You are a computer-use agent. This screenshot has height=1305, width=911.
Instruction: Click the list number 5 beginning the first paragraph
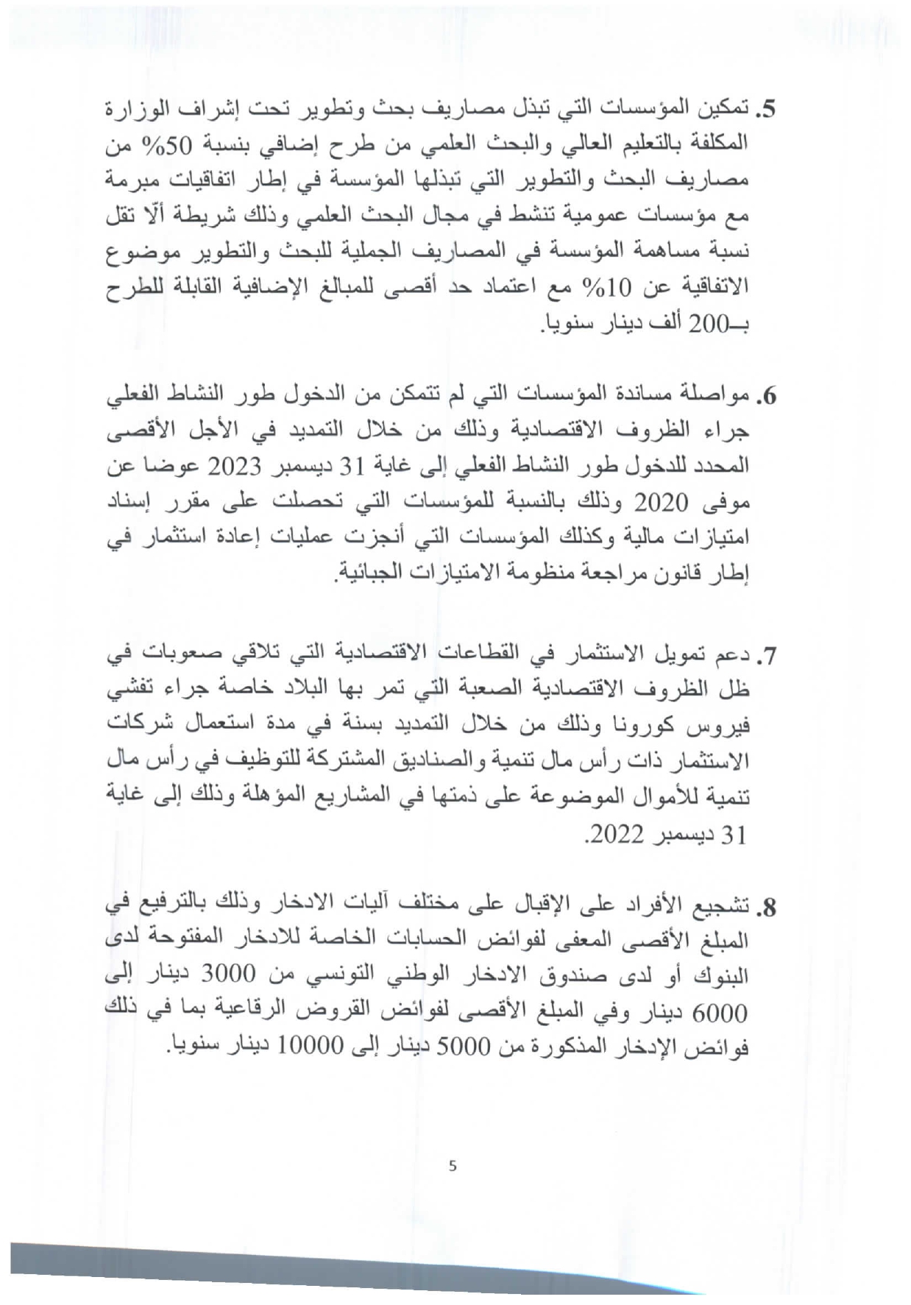[x=766, y=110]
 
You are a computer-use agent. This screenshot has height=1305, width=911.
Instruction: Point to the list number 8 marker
[x=766, y=908]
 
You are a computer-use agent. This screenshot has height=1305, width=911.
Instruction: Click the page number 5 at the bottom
[x=453, y=1166]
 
